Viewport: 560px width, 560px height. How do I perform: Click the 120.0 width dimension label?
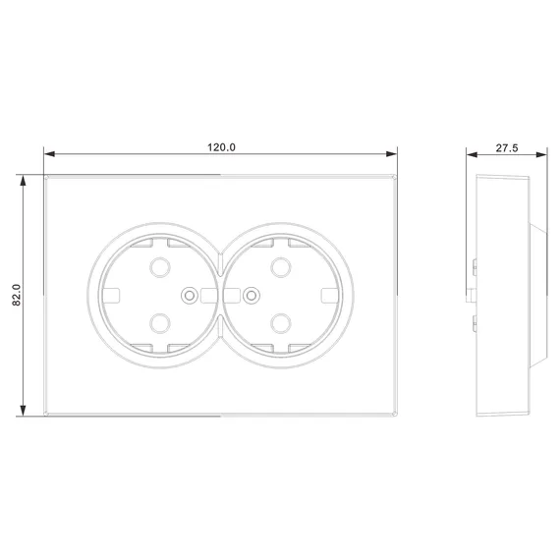(221, 147)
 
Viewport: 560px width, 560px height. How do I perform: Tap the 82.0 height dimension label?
(17, 295)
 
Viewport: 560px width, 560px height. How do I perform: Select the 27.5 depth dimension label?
(506, 147)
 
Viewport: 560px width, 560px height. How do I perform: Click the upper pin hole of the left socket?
(160, 267)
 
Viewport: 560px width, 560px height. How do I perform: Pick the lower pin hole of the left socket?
(160, 323)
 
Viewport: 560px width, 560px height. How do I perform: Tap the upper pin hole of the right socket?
(281, 267)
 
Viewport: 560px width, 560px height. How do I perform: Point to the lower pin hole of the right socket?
(281, 323)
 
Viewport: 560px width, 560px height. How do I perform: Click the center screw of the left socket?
(190, 296)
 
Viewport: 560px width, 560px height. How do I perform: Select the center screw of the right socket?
(252, 296)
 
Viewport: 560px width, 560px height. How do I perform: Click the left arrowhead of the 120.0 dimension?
(49, 154)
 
